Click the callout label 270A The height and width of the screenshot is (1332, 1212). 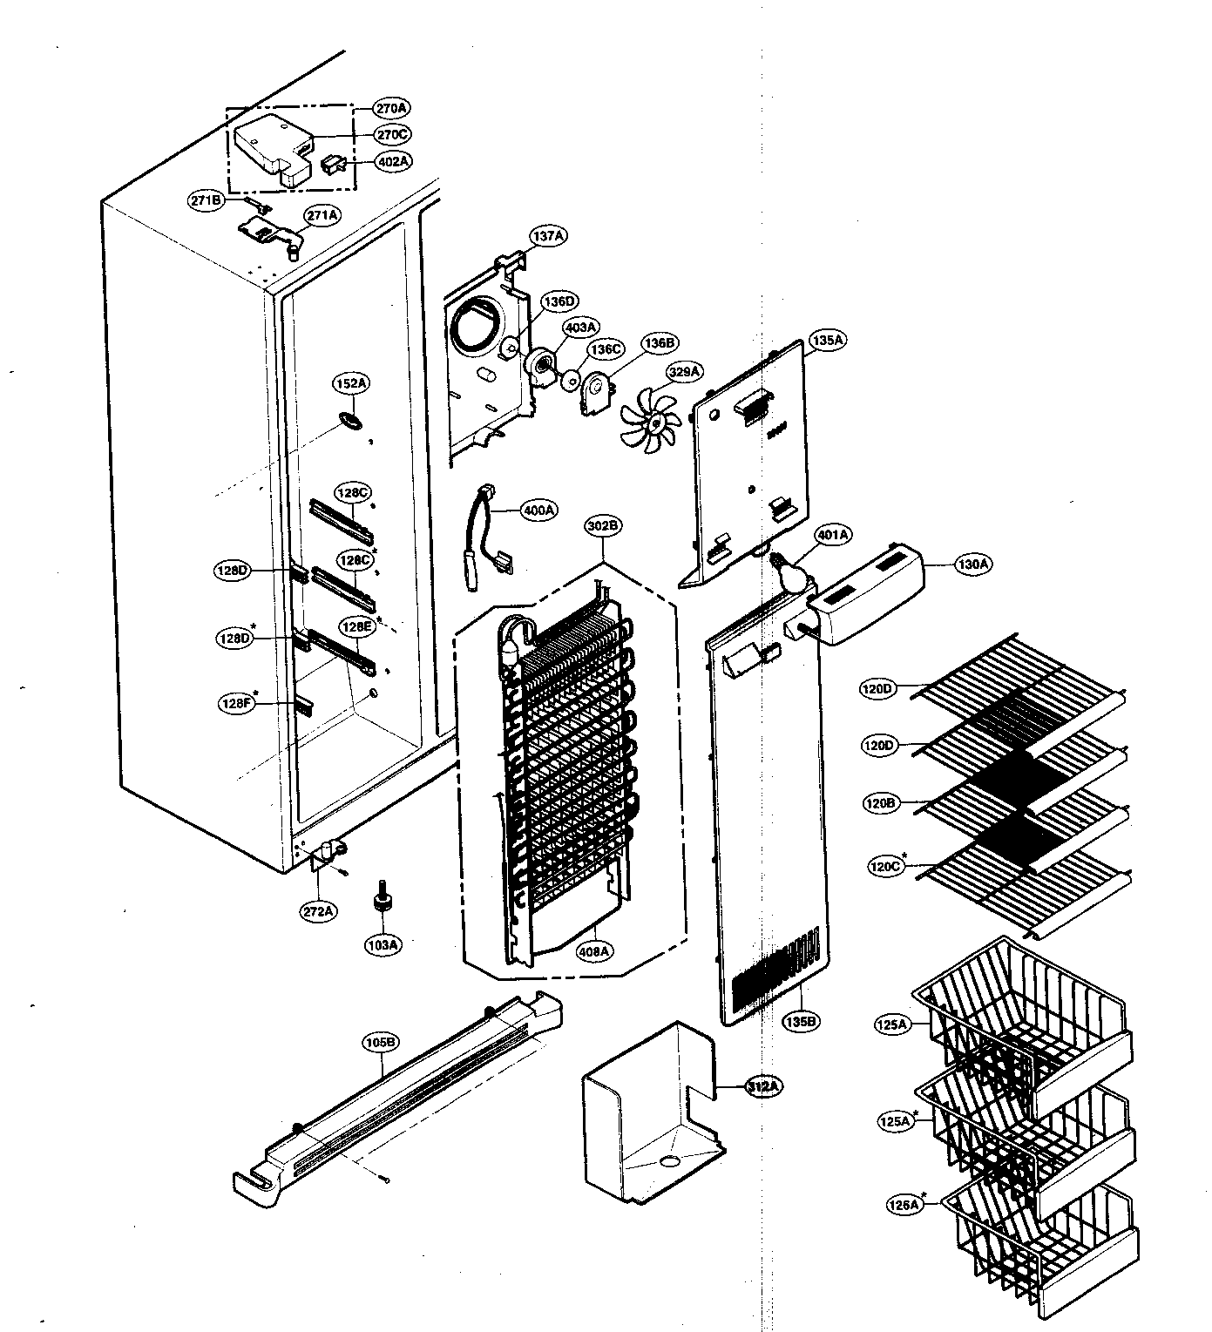pyautogui.click(x=391, y=108)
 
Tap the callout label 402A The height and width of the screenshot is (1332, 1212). pyautogui.click(x=393, y=161)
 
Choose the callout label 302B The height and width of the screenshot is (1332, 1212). pyautogui.click(x=603, y=525)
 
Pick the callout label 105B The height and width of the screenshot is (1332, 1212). pyautogui.click(x=381, y=1041)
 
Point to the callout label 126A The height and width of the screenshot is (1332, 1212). pyautogui.click(x=904, y=1205)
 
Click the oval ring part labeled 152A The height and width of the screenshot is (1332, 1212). pyautogui.click(x=350, y=421)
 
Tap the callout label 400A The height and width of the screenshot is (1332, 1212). pyautogui.click(x=538, y=510)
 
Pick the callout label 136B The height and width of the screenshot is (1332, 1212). pyautogui.click(x=659, y=343)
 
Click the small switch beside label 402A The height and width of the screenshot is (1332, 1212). pyautogui.click(x=333, y=164)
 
